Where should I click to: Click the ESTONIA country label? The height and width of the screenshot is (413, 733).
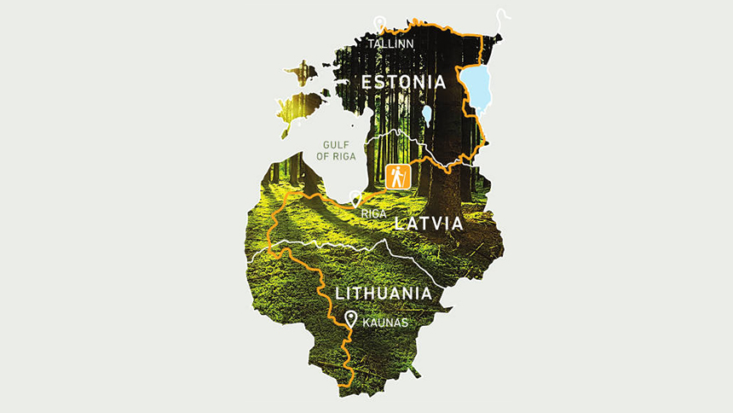pyautogui.click(x=404, y=83)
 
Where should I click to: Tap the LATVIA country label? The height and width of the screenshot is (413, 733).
pyautogui.click(x=428, y=224)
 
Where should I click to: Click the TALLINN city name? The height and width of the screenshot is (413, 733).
pyautogui.click(x=390, y=42)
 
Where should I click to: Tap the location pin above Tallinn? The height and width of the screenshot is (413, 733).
pyautogui.click(x=379, y=25)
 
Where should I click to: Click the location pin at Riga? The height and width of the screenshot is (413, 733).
pyautogui.click(x=356, y=200)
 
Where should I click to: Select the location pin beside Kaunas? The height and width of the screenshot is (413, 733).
pyautogui.click(x=350, y=320)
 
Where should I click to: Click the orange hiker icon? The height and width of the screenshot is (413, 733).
pyautogui.click(x=397, y=177)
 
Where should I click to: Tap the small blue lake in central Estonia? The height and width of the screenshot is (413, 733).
pyautogui.click(x=426, y=113)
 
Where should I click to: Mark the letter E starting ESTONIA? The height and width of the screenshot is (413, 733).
pyautogui.click(x=367, y=83)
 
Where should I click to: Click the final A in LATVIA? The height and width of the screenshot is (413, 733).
pyautogui.click(x=457, y=224)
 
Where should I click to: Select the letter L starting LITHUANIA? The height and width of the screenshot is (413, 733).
pyautogui.click(x=340, y=294)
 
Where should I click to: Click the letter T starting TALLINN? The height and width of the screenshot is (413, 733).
pyautogui.click(x=371, y=42)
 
